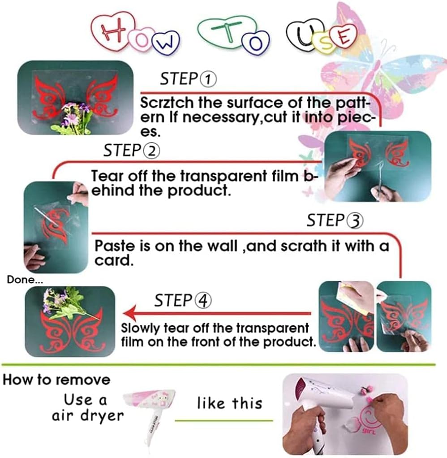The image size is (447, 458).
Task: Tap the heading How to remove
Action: (56, 380)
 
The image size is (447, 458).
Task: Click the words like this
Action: (230, 403)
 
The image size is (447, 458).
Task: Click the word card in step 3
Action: (114, 260)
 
